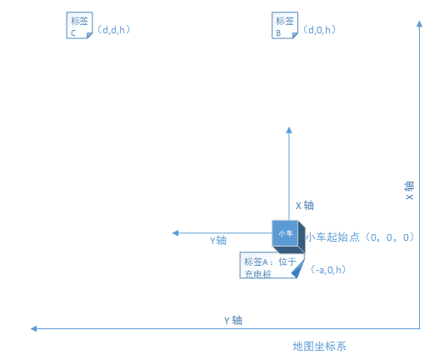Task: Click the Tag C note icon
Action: click(79, 25)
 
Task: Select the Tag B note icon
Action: click(285, 25)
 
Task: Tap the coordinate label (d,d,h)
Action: click(113, 30)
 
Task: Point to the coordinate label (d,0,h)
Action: click(319, 30)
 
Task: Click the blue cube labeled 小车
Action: click(288, 237)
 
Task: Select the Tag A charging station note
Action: click(272, 265)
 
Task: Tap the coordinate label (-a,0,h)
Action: click(328, 270)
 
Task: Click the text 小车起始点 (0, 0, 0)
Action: click(360, 237)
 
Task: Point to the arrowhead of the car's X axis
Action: click(289, 130)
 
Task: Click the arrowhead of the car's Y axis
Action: click(175, 232)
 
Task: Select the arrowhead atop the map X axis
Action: click(420, 23)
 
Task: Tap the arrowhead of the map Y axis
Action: click(33, 329)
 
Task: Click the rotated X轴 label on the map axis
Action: click(409, 191)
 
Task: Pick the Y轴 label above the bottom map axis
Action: click(233, 321)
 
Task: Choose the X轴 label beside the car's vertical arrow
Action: click(305, 206)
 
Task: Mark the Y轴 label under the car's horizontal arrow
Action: click(218, 241)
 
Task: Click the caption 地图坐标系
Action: click(320, 347)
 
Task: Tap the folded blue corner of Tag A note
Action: click(298, 268)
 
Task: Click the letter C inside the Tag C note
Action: click(73, 33)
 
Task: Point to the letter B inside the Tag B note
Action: click(278, 33)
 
